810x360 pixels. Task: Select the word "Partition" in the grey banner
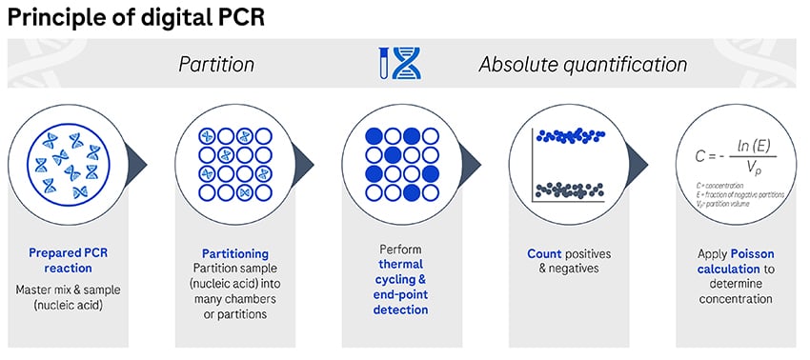(216, 65)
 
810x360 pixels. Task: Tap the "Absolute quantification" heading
(582, 65)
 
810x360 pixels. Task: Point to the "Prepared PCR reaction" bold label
(73, 262)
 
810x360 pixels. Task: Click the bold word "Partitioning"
(235, 254)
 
